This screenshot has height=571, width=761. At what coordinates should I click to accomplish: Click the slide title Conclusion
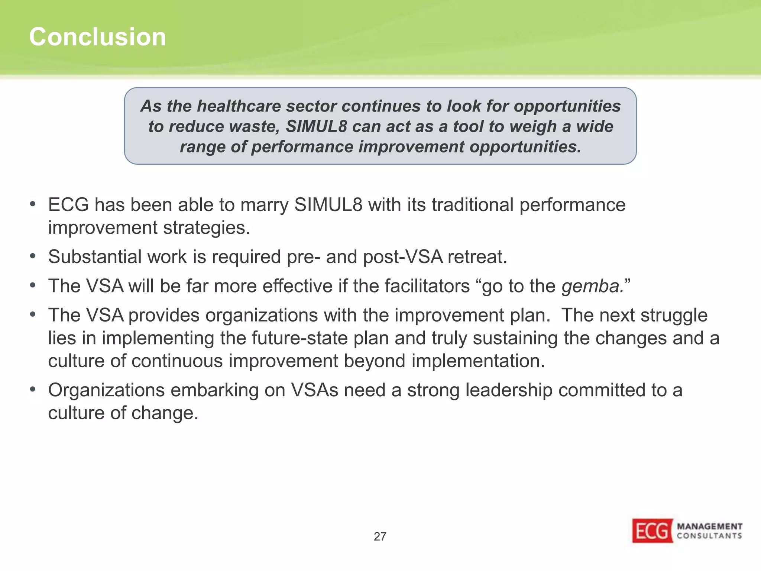coord(97,37)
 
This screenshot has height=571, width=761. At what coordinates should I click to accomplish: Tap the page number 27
coord(380,536)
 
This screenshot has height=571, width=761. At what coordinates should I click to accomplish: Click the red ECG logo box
coord(652,531)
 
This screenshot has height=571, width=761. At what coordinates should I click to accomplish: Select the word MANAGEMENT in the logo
coord(709,526)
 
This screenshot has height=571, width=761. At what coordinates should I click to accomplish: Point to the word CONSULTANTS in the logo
coord(709,536)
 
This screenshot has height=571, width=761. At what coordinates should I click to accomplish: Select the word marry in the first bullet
coord(265,205)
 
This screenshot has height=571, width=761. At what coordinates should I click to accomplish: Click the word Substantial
coord(94,257)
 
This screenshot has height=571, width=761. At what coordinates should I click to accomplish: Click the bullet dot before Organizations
coord(33,389)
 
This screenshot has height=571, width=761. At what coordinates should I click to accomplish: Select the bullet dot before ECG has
coord(33,204)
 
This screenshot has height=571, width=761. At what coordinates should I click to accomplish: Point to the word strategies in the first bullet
coord(206,228)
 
